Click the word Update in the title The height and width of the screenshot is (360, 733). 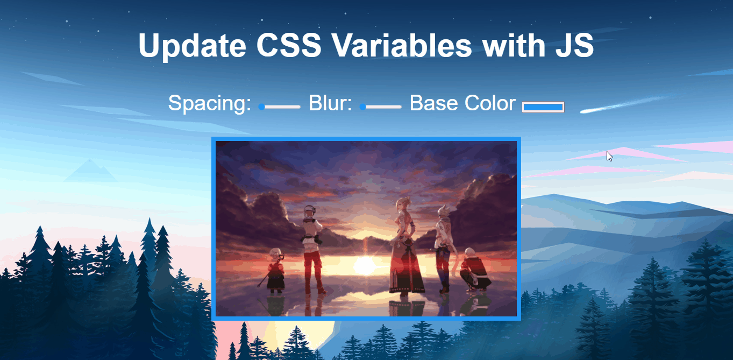click(193, 46)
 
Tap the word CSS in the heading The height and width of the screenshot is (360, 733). click(289, 45)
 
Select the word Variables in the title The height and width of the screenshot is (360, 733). click(402, 45)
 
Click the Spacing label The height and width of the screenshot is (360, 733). click(209, 103)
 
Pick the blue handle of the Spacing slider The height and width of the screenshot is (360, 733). click(261, 107)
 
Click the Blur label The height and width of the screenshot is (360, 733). click(330, 103)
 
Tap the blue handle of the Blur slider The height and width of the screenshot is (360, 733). click(362, 107)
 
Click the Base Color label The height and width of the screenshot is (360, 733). click(462, 103)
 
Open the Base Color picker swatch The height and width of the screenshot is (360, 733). click(543, 107)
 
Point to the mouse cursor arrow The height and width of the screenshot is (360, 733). click(609, 156)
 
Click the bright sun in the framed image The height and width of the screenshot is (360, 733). click(364, 265)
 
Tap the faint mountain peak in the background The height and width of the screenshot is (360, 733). click(90, 171)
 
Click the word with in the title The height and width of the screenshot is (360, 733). click(513, 45)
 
